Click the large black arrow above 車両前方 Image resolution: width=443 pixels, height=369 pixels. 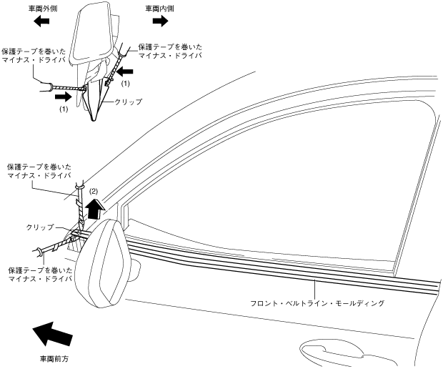click(x=51, y=334)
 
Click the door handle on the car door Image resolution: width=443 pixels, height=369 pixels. click(x=336, y=352)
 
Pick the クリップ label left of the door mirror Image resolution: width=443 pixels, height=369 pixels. click(x=40, y=227)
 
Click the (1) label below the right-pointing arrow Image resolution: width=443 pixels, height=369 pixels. click(x=63, y=109)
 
